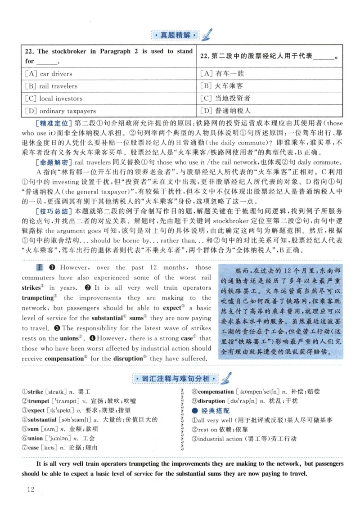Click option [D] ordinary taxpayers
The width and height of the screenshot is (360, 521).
60,111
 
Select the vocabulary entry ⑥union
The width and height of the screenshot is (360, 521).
33,438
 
